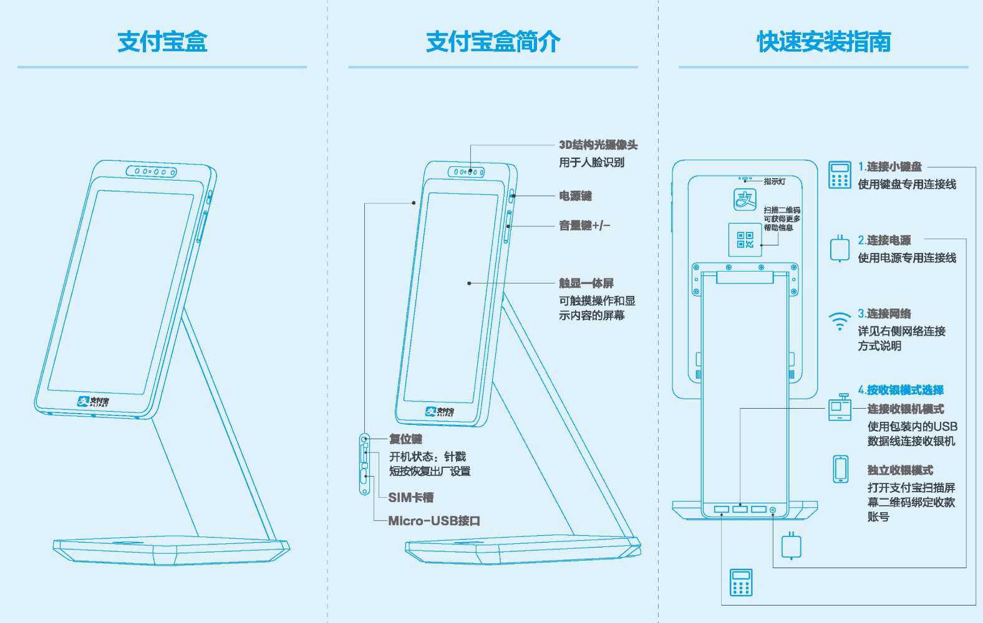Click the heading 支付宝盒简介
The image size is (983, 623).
pyautogui.click(x=493, y=42)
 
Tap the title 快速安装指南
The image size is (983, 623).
pyautogui.click(x=823, y=42)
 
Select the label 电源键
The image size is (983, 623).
pyautogui.click(x=575, y=196)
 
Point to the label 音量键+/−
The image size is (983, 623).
pyautogui.click(x=584, y=226)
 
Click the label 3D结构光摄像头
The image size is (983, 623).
pyautogui.click(x=598, y=145)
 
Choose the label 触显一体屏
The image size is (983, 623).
pyautogui.click(x=586, y=283)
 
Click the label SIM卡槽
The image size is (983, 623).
pyautogui.click(x=410, y=497)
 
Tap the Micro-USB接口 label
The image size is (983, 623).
pyautogui.click(x=434, y=521)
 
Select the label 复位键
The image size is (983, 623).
pyautogui.click(x=405, y=439)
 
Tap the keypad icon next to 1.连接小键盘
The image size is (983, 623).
pyautogui.click(x=840, y=174)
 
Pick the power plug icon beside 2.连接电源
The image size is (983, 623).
pyautogui.click(x=840, y=249)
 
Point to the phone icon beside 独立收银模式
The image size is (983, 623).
pyautogui.click(x=840, y=468)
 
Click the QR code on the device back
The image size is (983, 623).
pyautogui.click(x=745, y=239)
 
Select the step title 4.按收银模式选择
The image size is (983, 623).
pyautogui.click(x=900, y=390)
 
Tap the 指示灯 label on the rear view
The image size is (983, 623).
pyautogui.click(x=775, y=181)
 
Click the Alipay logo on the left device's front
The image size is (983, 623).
pyautogui.click(x=93, y=402)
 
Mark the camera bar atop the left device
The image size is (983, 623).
pyautogui.click(x=151, y=171)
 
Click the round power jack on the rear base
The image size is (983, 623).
pyautogui.click(x=773, y=510)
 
